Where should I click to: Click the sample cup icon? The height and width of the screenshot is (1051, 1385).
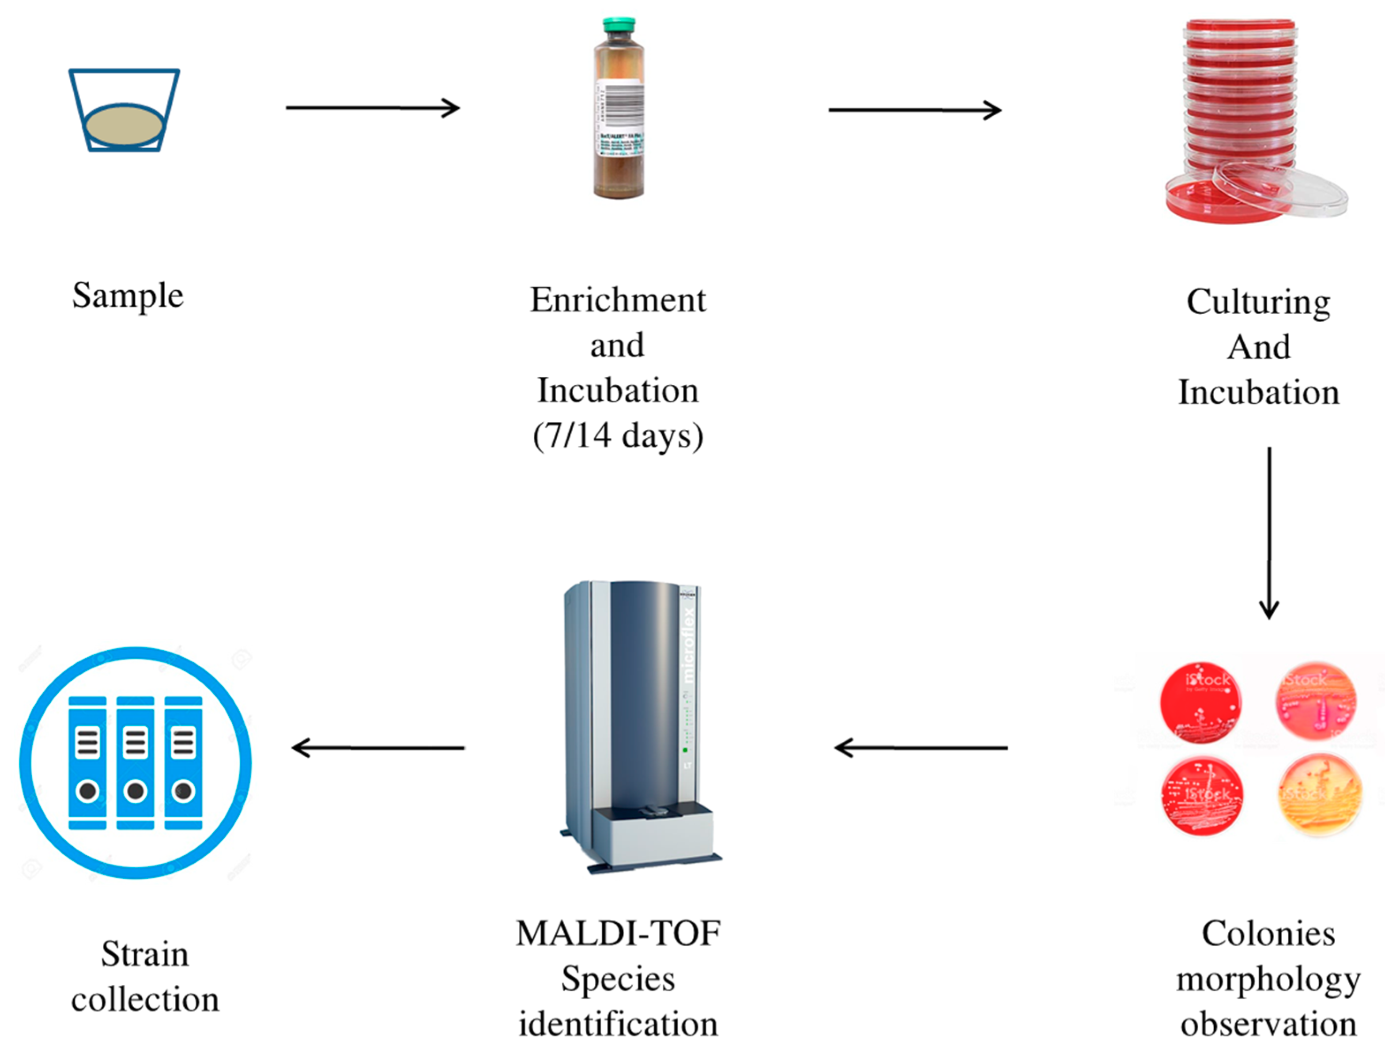[124, 111]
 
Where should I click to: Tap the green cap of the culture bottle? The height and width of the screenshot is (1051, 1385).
[619, 25]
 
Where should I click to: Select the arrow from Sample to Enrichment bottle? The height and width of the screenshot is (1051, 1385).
[373, 108]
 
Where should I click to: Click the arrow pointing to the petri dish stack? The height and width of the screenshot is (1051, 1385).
[915, 110]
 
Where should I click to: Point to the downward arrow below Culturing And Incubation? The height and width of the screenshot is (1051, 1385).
[1269, 532]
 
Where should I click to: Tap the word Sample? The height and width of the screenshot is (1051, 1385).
[128, 296]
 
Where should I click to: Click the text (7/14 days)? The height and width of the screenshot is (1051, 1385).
[618, 435]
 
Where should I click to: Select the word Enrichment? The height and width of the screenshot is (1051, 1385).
[618, 300]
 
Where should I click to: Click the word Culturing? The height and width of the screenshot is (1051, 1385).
[1259, 303]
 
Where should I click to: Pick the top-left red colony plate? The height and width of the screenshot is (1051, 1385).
[1200, 702]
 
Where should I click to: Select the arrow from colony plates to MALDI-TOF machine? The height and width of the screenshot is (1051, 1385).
[921, 747]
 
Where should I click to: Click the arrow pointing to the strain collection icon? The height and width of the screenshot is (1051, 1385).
[378, 747]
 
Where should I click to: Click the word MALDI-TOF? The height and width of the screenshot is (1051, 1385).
[618, 933]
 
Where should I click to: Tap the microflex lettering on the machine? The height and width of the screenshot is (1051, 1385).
[688, 645]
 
